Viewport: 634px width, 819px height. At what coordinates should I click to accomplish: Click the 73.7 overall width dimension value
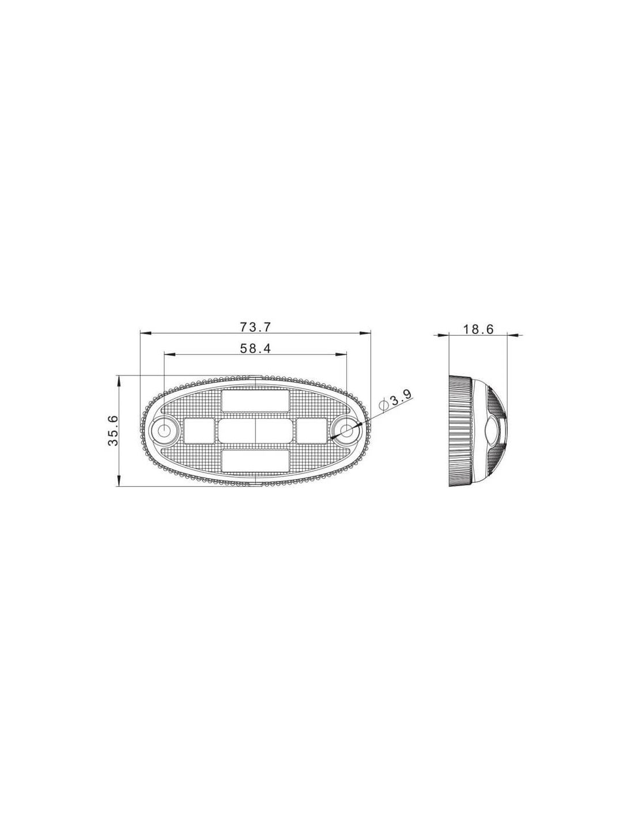click(x=255, y=327)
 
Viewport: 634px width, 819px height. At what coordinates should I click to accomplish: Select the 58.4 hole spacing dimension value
click(x=255, y=348)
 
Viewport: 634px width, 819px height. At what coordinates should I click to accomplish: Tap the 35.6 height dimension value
click(x=114, y=430)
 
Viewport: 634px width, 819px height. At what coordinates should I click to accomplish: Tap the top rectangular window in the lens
click(x=255, y=401)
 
